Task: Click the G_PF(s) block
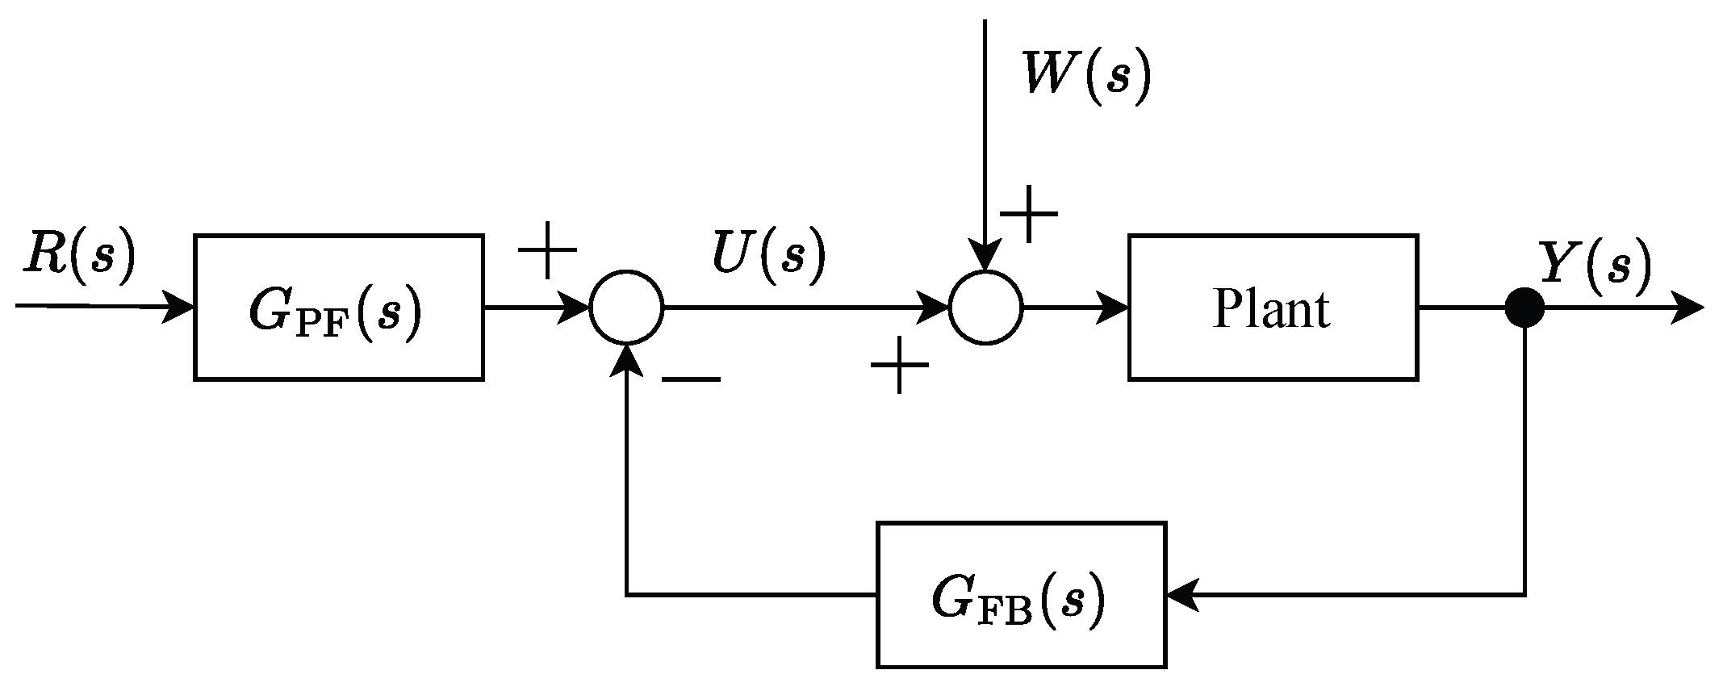[338, 307]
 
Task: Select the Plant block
[1272, 307]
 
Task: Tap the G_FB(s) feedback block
[1021, 594]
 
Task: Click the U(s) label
[768, 256]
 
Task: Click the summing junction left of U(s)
[626, 308]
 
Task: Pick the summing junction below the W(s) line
[985, 308]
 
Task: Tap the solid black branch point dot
[1524, 308]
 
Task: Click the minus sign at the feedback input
[691, 380]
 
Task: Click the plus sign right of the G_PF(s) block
[547, 249]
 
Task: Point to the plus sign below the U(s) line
[899, 366]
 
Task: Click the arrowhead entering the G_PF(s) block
[179, 308]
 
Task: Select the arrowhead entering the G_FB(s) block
[1181, 595]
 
